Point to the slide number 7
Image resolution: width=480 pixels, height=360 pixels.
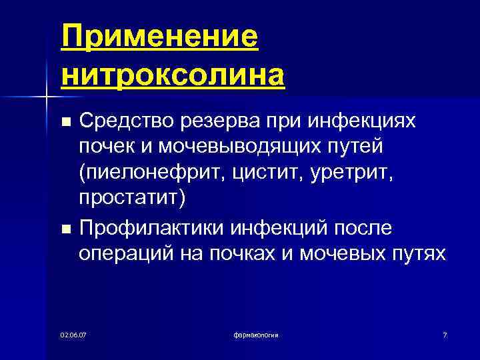[x=444, y=333]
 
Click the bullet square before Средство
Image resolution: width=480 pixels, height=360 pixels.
[x=65, y=122]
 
